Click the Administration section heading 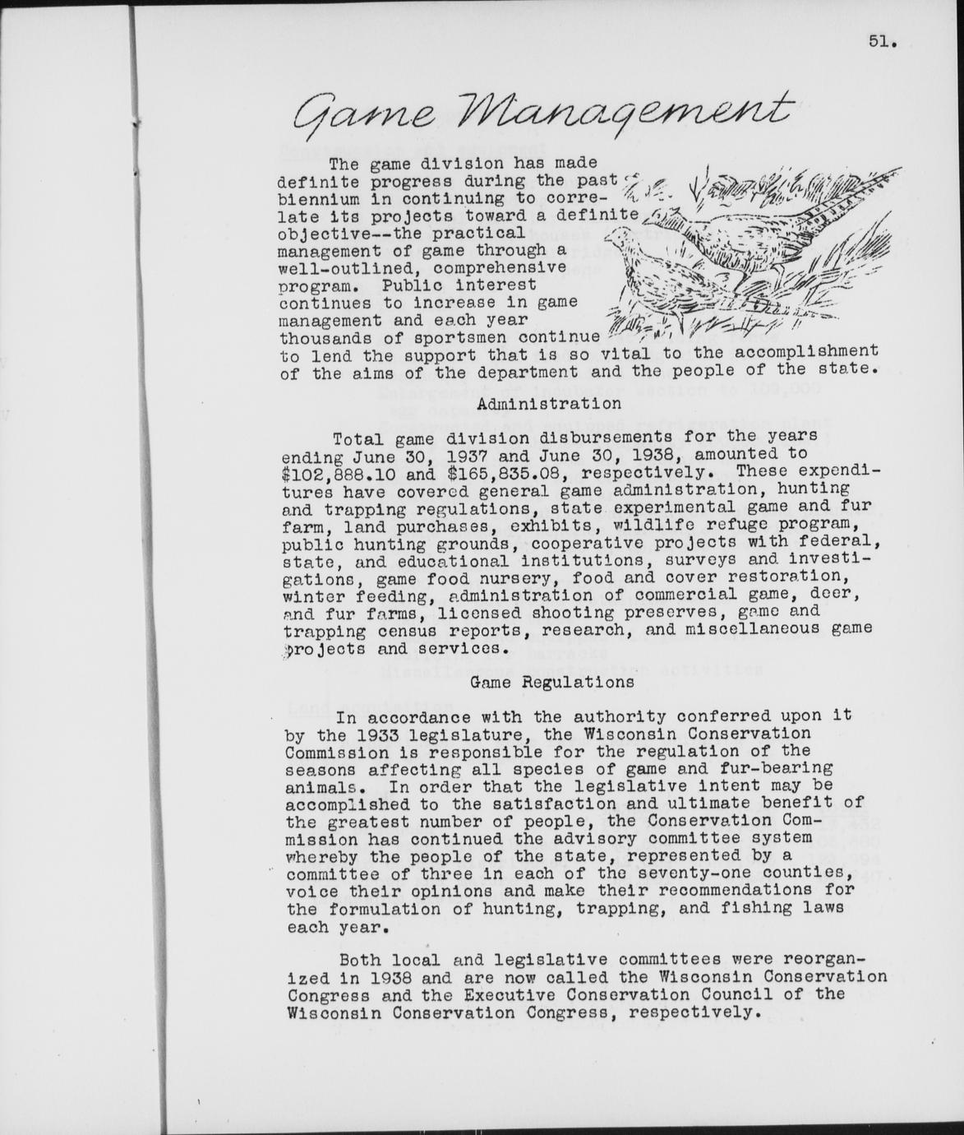coord(548,404)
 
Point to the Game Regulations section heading coord(551,682)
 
